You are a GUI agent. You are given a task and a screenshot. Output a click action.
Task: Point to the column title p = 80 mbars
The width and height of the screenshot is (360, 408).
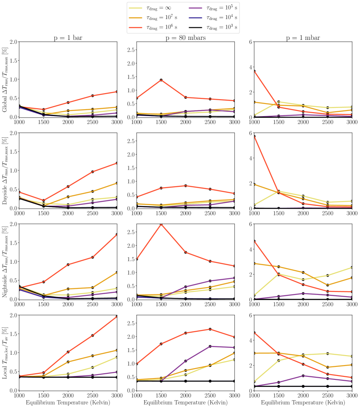coord(185,38)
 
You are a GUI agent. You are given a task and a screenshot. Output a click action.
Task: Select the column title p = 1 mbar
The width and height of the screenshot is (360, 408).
coord(303,38)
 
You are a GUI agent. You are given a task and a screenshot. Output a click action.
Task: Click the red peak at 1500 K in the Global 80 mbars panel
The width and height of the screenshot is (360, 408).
coord(161,80)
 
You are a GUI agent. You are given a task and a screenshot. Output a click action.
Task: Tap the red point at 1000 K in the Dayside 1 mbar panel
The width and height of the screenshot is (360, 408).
coord(255,136)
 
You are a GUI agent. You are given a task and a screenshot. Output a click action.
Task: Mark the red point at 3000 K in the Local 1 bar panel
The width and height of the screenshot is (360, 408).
coord(117,317)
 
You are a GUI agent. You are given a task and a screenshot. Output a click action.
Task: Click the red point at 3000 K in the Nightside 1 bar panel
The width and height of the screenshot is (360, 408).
coord(117,235)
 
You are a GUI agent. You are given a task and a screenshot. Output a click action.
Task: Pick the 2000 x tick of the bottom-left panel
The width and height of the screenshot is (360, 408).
coord(68,395)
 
